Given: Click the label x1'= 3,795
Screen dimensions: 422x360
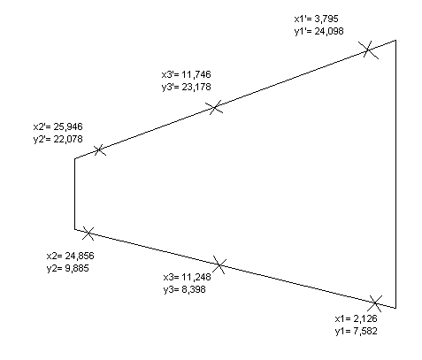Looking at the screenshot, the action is pyautogui.click(x=316, y=19).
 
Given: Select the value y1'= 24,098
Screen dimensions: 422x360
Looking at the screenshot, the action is pyautogui.click(x=318, y=31).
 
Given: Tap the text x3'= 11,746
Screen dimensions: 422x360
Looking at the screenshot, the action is pyautogui.click(x=187, y=74).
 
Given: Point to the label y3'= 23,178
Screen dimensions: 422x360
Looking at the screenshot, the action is pyautogui.click(x=187, y=88).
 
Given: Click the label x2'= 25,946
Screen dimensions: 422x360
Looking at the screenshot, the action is pyautogui.click(x=58, y=126).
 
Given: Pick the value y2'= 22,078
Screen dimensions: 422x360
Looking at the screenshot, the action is pyautogui.click(x=58, y=139).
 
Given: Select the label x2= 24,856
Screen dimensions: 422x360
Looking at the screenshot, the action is pyautogui.click(x=71, y=256).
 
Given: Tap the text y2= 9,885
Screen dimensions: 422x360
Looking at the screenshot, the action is pyautogui.click(x=68, y=268).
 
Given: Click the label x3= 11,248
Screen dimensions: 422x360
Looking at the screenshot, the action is pyautogui.click(x=188, y=277).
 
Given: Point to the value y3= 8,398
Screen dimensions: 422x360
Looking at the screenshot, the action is pyautogui.click(x=185, y=289).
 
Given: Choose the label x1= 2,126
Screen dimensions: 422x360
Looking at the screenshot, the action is pyautogui.click(x=356, y=318).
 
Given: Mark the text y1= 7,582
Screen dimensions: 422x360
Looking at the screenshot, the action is pyautogui.click(x=356, y=331).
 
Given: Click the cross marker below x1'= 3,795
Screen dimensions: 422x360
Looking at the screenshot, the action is pyautogui.click(x=368, y=50).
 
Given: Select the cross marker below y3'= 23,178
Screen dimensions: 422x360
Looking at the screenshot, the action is pyautogui.click(x=215, y=107).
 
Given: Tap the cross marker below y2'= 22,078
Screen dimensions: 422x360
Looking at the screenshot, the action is pyautogui.click(x=99, y=150).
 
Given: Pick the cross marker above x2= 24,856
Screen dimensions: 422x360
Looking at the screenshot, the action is pyautogui.click(x=88, y=234).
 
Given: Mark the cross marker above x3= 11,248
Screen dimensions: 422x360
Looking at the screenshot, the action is pyautogui.click(x=219, y=264).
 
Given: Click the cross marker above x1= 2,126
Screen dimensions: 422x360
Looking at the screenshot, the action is pyautogui.click(x=375, y=303).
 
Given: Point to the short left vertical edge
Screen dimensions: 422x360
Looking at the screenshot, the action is pyautogui.click(x=74, y=194).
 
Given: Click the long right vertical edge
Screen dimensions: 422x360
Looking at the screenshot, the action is pyautogui.click(x=395, y=174).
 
